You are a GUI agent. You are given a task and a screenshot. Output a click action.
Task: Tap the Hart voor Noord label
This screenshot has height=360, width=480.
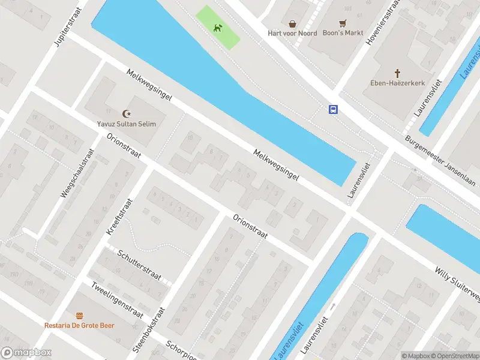[x=292, y=33]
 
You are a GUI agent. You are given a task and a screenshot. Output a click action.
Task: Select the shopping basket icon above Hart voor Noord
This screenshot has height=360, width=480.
[x=292, y=24]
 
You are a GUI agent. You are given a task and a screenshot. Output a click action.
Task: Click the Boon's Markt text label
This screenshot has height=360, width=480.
[x=344, y=33]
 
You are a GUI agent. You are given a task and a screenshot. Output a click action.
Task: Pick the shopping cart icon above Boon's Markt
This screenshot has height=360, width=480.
[x=343, y=24]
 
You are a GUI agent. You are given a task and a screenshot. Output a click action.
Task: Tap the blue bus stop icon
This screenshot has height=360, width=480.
[x=333, y=109]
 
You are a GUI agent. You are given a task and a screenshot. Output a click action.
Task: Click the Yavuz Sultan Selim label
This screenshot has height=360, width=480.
[x=127, y=124]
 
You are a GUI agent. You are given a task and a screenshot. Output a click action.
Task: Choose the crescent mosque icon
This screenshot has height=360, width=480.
[x=126, y=113]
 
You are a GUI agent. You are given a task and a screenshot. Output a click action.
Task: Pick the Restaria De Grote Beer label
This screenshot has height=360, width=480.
[x=79, y=325]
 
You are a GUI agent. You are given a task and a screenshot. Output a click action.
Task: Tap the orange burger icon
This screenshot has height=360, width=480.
[x=79, y=316]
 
